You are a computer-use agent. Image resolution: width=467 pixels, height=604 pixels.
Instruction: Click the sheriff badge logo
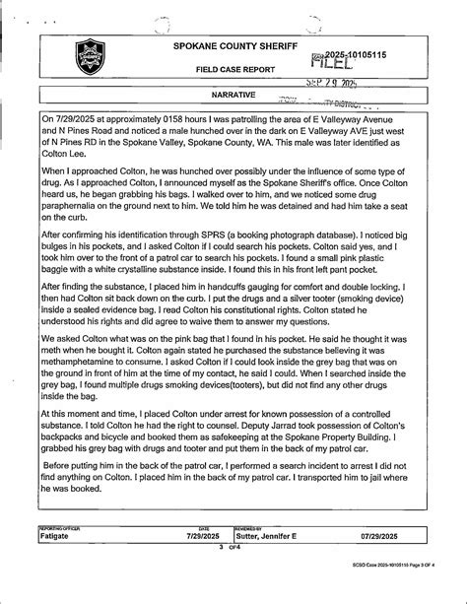92,58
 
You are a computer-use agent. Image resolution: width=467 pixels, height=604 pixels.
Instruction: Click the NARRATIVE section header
233,95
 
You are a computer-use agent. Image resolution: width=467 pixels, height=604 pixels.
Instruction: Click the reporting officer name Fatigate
61,535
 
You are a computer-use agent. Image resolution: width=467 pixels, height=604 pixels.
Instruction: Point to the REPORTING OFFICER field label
61,527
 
